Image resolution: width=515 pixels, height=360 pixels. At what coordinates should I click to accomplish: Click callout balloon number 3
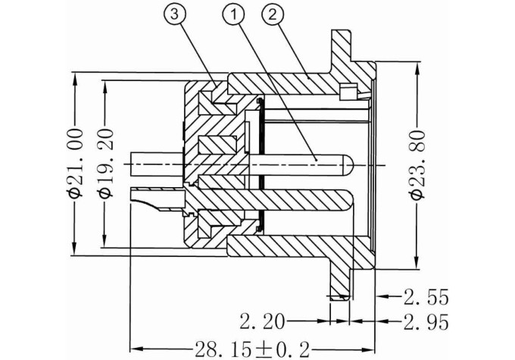pos(174,15)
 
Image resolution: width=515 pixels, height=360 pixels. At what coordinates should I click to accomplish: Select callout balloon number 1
pos(233,15)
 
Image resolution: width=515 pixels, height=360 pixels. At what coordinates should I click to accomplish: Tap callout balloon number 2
pos(273,15)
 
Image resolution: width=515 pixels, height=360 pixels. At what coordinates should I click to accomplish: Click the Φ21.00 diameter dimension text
pos(75,164)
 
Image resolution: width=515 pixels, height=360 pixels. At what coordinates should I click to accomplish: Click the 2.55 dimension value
pos(426,297)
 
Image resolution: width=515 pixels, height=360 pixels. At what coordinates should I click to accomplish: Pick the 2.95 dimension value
pos(426,322)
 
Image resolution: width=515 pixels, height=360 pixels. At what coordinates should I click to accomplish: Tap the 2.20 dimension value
pos(262,321)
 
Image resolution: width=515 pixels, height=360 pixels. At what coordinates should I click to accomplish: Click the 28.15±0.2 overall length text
pos(252,349)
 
